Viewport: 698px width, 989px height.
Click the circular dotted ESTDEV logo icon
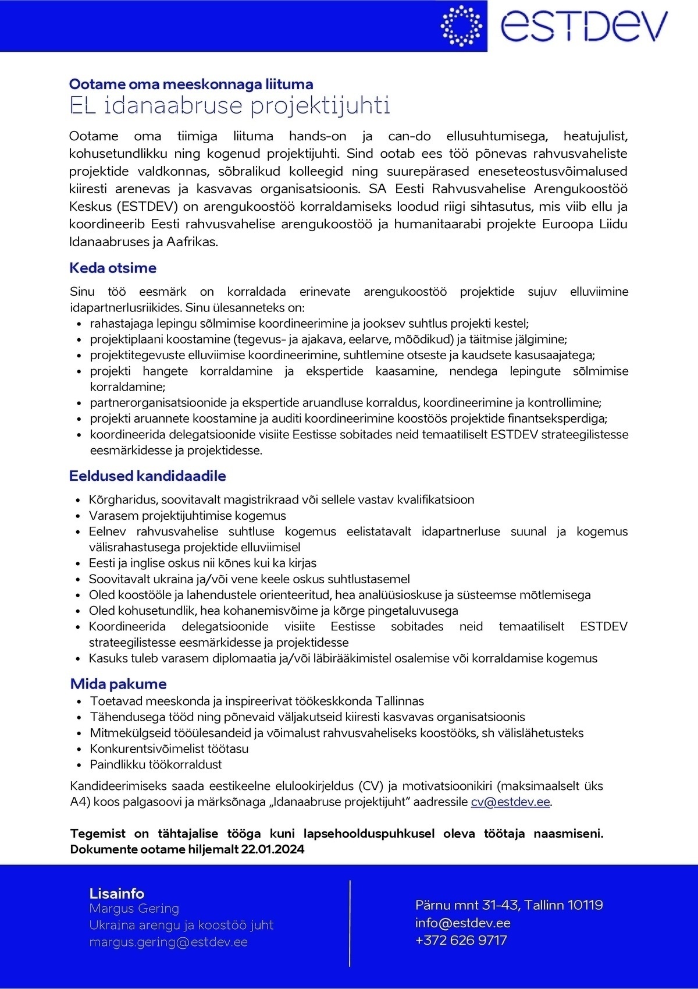click(461, 26)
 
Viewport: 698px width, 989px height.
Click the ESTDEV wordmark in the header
click(583, 26)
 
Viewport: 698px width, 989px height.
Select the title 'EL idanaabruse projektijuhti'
click(229, 106)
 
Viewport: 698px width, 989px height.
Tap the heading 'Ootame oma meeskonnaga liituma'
click(191, 84)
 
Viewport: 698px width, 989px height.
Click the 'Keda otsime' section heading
click(113, 268)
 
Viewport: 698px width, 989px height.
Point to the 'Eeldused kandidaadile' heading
click(147, 476)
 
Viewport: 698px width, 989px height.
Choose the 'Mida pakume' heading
click(118, 684)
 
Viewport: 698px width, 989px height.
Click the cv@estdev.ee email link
click(510, 802)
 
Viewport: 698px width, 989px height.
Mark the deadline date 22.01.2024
click(272, 849)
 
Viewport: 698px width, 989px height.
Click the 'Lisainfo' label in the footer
click(116, 894)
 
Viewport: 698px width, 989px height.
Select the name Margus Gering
click(134, 909)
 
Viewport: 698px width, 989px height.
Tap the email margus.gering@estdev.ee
click(168, 942)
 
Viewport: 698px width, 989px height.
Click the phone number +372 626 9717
click(461, 940)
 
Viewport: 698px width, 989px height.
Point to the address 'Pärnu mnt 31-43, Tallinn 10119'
click(509, 905)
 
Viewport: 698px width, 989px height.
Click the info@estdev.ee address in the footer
click(462, 923)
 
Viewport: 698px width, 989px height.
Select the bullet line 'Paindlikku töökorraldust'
click(155, 765)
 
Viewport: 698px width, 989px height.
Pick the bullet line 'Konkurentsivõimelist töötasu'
click(169, 749)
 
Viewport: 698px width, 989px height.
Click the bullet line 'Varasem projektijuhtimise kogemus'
click(187, 516)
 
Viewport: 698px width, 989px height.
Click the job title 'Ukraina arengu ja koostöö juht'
click(181, 925)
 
